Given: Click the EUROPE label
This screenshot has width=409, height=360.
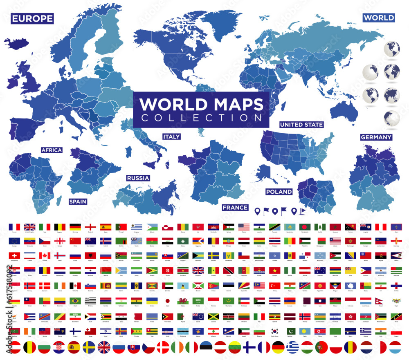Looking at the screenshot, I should click(32, 18).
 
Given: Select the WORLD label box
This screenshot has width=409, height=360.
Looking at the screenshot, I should click(379, 18).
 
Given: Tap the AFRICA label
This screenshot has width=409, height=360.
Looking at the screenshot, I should click(52, 150).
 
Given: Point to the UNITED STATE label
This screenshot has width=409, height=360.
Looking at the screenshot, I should click(301, 125).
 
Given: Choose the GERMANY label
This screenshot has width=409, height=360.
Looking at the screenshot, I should click(376, 137).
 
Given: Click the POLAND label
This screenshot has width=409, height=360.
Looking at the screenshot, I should click(279, 192).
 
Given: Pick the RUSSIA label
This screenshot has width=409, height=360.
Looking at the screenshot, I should click(138, 178).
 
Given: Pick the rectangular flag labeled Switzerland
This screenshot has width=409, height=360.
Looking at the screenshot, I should click(14, 255).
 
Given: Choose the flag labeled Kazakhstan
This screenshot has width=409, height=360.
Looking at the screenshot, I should click(290, 226).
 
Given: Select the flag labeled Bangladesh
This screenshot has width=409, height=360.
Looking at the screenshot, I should click(305, 226).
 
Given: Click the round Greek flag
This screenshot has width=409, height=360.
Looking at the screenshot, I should click(292, 347).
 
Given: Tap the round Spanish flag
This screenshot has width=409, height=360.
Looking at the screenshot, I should click(74, 347).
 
